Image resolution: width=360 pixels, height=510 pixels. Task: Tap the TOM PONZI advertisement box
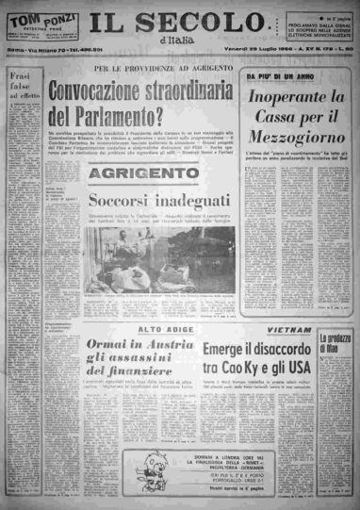coord(33,29)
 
